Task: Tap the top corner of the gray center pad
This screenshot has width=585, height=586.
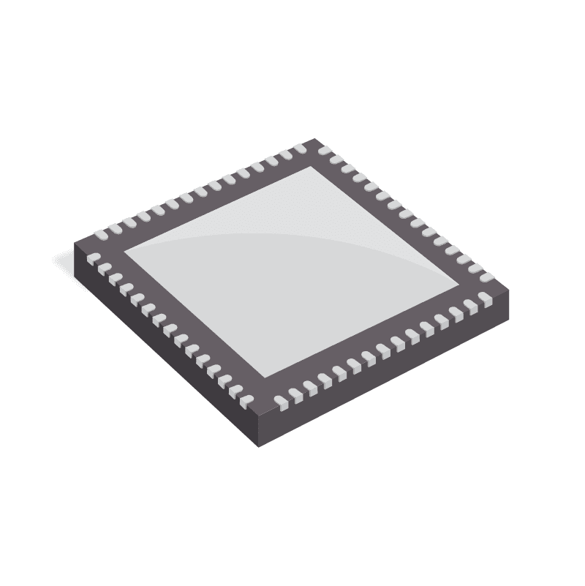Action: click(314, 167)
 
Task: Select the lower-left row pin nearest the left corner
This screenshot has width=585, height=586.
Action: click(94, 258)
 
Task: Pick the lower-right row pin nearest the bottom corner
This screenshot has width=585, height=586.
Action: click(280, 400)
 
